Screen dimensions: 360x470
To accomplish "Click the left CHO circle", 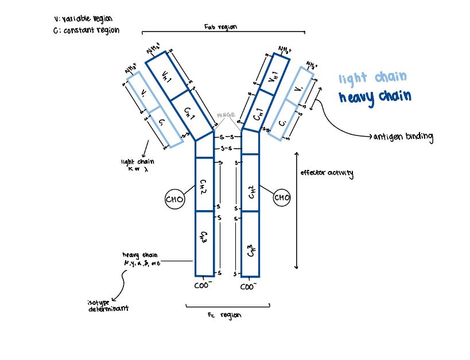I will pos(174,199).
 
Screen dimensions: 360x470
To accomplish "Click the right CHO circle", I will pos(282,198).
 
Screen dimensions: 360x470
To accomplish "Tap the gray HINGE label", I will pos(226,115).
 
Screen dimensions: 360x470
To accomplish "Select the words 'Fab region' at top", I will pos(220,27).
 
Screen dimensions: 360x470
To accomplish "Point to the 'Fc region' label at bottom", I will pos(224,315).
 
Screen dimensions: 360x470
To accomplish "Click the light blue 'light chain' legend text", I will pos(372,78).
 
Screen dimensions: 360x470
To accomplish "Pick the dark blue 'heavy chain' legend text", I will pos(375,96).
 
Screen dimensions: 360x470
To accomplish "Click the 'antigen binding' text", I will pos(403,137).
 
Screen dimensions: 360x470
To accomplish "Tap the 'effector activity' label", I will pos(327,173).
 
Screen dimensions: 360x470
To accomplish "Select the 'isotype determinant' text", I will pos(108,305).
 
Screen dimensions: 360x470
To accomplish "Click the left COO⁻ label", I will pos(203,284).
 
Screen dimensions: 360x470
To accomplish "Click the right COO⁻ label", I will pos(248,285).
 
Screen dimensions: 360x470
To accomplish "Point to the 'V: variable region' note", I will pos(83,18).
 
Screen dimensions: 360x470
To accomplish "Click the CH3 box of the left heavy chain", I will pos(204,242).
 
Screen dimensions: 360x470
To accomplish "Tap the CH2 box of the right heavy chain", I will pos(250,189).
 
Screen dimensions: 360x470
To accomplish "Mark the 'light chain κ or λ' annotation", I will pos(137,165).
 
